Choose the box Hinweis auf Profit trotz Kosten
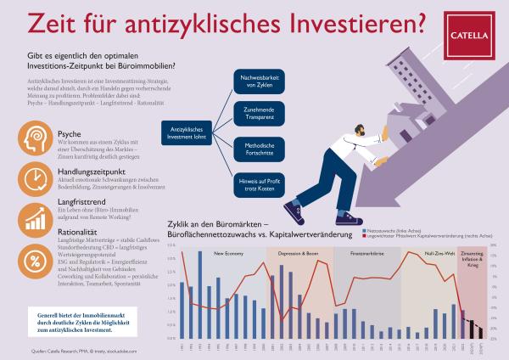click(259, 182)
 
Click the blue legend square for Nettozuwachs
click(363, 231)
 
